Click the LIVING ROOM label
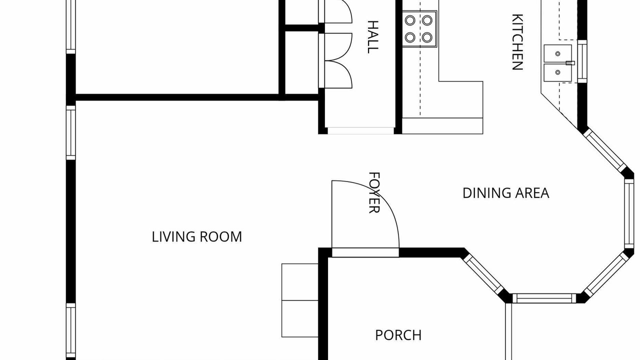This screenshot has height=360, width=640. pyautogui.click(x=196, y=237)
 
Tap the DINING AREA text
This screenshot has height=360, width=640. pyautogui.click(x=505, y=193)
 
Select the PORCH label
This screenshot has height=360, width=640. pyautogui.click(x=398, y=335)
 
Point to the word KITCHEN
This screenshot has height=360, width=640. pyautogui.click(x=517, y=42)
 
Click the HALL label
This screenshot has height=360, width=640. pyautogui.click(x=373, y=37)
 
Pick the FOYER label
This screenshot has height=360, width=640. pyautogui.click(x=374, y=192)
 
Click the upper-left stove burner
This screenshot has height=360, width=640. pyautogui.click(x=410, y=20)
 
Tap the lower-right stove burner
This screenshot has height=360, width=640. pyautogui.click(x=427, y=37)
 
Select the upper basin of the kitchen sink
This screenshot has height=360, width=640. pyautogui.click(x=557, y=53)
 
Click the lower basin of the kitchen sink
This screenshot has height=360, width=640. pyautogui.click(x=557, y=72)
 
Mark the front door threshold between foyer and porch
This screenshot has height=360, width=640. pyautogui.click(x=365, y=252)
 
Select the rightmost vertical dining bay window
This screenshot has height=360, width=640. pyautogui.click(x=629, y=213)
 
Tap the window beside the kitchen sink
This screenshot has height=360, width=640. pyautogui.click(x=582, y=61)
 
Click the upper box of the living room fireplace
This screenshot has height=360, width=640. pyautogui.click(x=299, y=282)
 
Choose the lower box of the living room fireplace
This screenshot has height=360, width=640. pyautogui.click(x=299, y=318)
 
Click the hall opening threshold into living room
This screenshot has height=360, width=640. pyautogui.click(x=360, y=130)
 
